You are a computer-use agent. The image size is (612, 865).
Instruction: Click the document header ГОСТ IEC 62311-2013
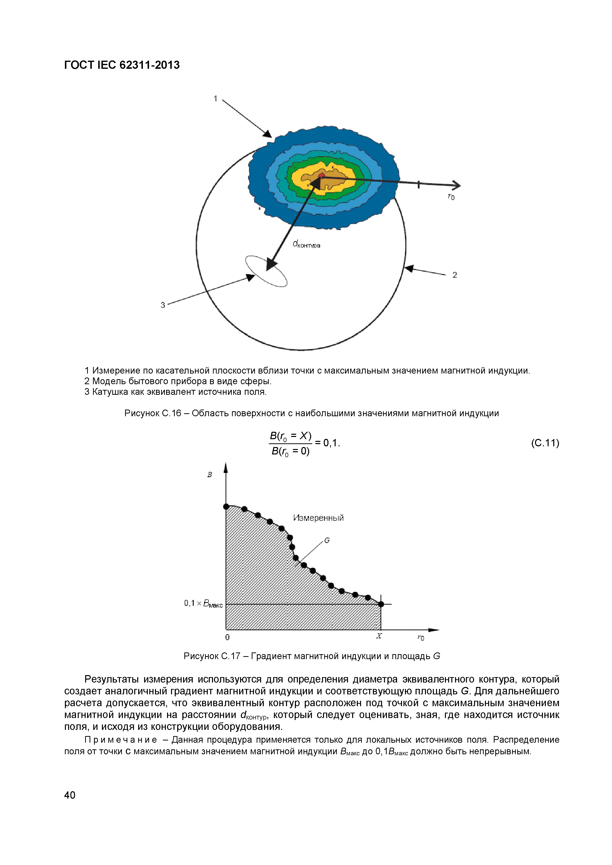[x=122, y=65]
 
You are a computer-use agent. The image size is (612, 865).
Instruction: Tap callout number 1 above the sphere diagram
[x=215, y=99]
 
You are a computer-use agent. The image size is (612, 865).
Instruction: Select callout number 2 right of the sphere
[x=455, y=275]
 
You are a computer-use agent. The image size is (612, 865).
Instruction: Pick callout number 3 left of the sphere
[x=163, y=305]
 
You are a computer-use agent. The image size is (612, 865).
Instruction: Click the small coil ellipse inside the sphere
[x=266, y=271]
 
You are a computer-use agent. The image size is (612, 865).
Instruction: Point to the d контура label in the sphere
[x=306, y=245]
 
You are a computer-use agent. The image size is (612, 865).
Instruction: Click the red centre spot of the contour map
[x=321, y=176]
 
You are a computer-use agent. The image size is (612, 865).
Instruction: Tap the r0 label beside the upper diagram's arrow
[x=451, y=197]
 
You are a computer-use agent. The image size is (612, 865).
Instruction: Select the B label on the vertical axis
[x=210, y=475]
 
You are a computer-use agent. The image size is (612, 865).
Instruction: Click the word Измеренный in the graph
[x=318, y=518]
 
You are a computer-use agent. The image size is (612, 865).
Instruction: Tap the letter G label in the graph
[x=327, y=540]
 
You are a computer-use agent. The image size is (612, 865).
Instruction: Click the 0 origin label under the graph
[x=227, y=637]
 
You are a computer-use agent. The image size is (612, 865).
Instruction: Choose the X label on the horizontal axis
[x=379, y=636]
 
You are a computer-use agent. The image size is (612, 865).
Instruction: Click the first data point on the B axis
[x=226, y=507]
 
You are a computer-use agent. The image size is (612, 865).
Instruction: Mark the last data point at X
[x=381, y=604]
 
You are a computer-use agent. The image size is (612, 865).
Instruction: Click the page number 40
[x=70, y=795]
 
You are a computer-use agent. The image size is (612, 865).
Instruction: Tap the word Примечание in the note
[x=121, y=740]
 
